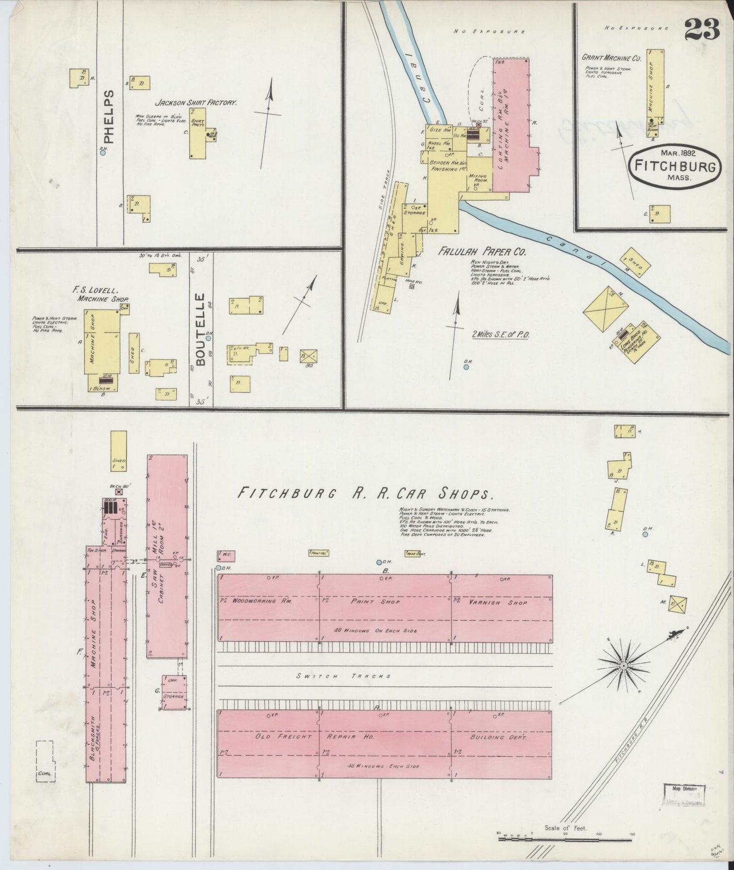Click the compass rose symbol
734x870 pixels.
pos(622,664)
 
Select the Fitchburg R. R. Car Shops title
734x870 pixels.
pos(366,493)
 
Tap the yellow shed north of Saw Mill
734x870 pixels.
pos(118,451)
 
